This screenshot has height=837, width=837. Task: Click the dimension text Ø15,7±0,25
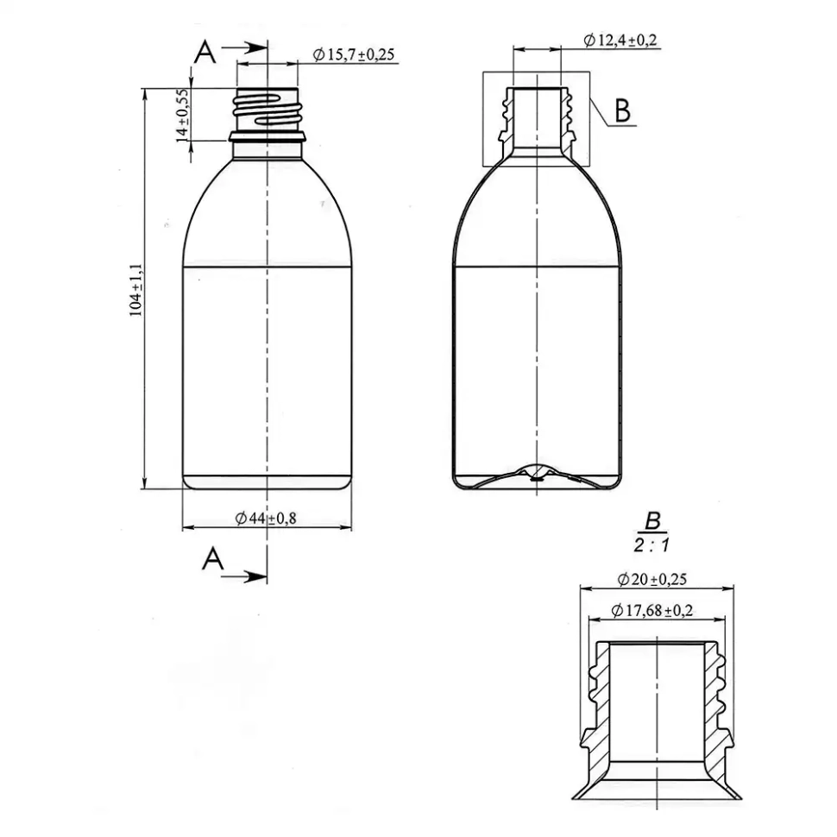click(x=354, y=54)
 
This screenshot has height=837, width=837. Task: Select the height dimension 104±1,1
click(x=136, y=290)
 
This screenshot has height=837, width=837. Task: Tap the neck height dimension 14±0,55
click(x=183, y=116)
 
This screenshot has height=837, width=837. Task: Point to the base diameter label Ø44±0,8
click(x=266, y=518)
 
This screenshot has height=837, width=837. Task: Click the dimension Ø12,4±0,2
click(x=620, y=40)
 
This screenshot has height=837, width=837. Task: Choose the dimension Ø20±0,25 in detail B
click(x=652, y=579)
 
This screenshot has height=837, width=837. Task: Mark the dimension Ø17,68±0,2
click(x=652, y=610)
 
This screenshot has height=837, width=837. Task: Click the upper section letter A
click(x=205, y=53)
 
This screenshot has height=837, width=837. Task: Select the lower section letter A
click(x=213, y=558)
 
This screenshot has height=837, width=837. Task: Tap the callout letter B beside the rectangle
click(x=622, y=110)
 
